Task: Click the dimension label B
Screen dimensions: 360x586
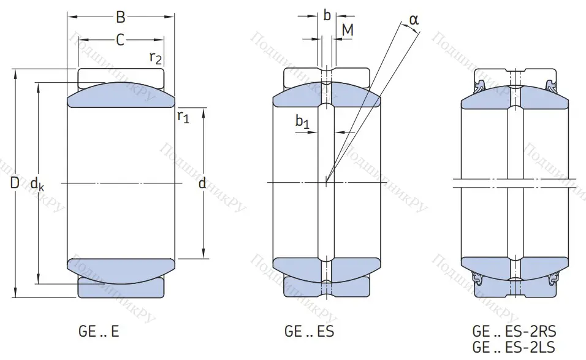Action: (x=120, y=18)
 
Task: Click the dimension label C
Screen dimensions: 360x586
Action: (x=120, y=40)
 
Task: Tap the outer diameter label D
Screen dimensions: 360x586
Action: (x=15, y=182)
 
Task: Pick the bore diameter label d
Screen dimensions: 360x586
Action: (x=202, y=182)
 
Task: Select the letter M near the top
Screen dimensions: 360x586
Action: (x=347, y=29)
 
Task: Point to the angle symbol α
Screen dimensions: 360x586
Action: (x=414, y=20)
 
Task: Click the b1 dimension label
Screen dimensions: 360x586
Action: (x=302, y=123)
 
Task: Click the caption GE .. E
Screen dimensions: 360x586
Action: (x=99, y=332)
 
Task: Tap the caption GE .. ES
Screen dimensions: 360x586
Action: (x=309, y=332)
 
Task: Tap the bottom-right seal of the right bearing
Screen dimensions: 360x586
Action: (x=554, y=278)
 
